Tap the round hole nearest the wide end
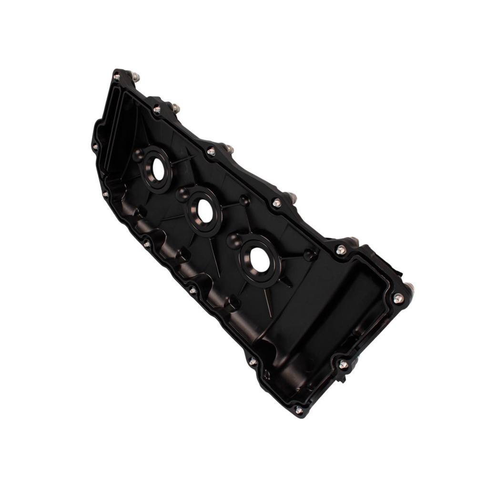pos(260,260)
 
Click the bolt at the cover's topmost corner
pos(116,77)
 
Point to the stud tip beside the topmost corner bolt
pos(135,76)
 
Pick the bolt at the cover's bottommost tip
pos(298,410)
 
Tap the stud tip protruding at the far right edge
pos(410,287)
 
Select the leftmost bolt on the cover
pos(95,147)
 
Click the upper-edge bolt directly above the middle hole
pos(211,152)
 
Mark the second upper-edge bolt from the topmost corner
pos(157,110)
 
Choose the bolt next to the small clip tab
pos(343,365)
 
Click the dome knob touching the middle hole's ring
pos(182,194)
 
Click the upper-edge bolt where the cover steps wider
pos(341,250)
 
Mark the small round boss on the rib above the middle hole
pos(244,200)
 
